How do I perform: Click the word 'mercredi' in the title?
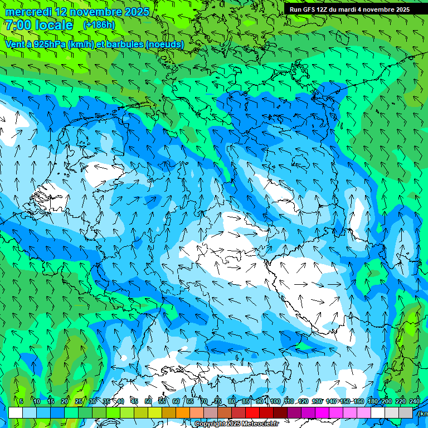point(28,12)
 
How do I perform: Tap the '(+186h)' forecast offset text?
point(99,25)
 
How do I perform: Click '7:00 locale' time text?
point(38,25)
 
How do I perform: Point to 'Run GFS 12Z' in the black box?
point(308,9)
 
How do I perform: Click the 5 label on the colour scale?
point(21,401)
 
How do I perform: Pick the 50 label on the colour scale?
point(148,401)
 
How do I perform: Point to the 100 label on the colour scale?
point(275,401)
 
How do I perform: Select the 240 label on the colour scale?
point(414,401)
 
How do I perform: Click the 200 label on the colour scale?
point(386,401)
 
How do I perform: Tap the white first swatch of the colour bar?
point(16,412)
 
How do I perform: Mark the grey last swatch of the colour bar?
point(406,412)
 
